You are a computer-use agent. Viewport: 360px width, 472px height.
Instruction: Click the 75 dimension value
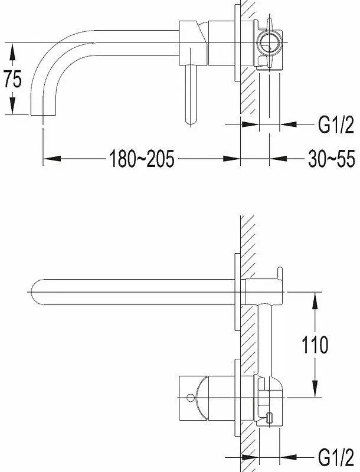point(12,79)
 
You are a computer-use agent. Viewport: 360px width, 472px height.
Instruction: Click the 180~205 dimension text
point(142,159)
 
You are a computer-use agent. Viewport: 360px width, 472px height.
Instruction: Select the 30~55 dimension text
point(332,159)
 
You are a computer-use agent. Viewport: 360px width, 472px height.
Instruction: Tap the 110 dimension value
point(315,345)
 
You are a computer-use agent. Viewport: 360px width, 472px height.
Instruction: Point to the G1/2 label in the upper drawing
point(336,124)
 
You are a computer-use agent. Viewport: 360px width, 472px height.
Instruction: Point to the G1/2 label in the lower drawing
point(336,459)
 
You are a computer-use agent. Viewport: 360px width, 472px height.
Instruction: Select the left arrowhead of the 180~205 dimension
point(53,159)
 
